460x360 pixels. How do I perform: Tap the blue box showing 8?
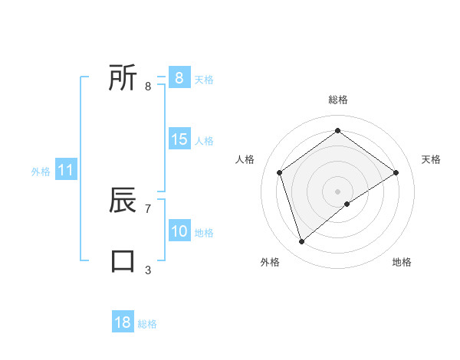click(x=179, y=78)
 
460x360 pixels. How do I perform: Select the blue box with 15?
click(x=179, y=139)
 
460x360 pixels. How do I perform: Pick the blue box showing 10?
click(x=179, y=231)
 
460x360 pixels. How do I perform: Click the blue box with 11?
click(x=66, y=170)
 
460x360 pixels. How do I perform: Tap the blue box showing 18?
click(x=123, y=322)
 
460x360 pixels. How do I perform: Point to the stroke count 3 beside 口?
click(x=148, y=270)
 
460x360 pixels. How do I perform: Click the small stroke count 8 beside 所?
click(x=148, y=86)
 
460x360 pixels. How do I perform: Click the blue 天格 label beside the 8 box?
click(x=204, y=79)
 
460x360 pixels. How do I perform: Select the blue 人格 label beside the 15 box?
click(x=204, y=141)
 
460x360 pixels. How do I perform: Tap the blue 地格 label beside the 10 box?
click(x=204, y=233)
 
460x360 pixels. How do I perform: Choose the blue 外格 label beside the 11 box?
click(x=41, y=172)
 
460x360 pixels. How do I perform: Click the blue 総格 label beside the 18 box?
click(x=147, y=324)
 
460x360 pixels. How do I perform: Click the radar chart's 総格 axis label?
click(x=338, y=100)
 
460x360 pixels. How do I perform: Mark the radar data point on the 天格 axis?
click(x=396, y=172)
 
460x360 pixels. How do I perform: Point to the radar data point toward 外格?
click(x=302, y=242)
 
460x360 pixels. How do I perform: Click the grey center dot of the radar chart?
click(x=338, y=191)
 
